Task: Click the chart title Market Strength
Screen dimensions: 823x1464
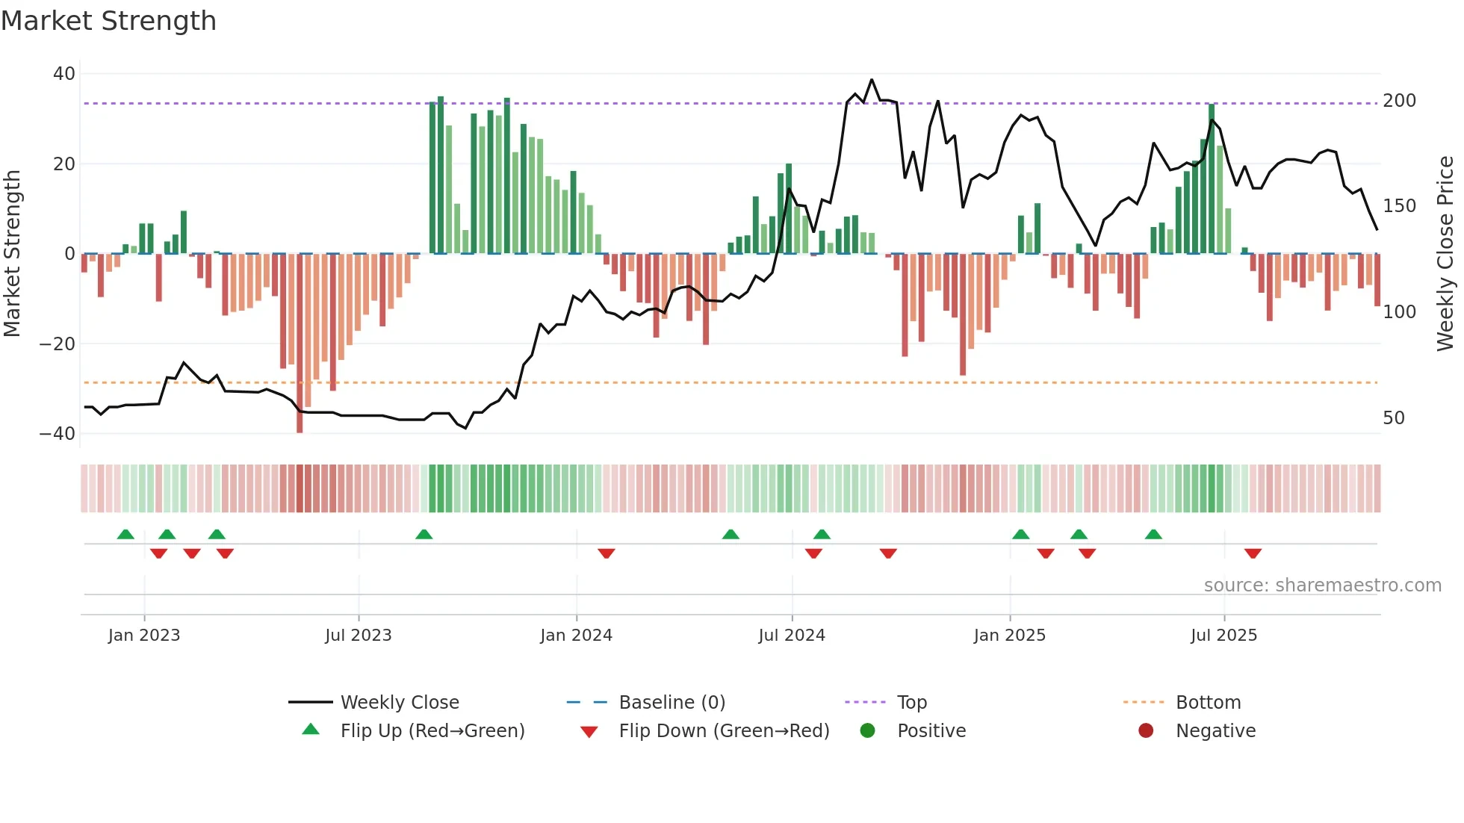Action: pos(108,21)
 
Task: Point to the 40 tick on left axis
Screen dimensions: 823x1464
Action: pos(64,74)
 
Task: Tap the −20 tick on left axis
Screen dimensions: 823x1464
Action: pos(58,344)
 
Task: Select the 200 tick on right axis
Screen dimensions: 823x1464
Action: pos(1399,101)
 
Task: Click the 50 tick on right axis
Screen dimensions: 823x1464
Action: pos(1393,418)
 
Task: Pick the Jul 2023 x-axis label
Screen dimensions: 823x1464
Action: pos(358,636)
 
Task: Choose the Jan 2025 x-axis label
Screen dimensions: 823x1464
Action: pos(1009,636)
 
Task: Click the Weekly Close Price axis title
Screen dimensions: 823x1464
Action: pos(1445,254)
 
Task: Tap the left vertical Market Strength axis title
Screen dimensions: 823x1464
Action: pos(12,254)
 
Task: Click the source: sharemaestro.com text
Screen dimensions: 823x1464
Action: pos(1322,586)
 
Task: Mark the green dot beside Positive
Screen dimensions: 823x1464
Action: pos(867,730)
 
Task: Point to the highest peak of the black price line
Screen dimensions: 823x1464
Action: pos(871,80)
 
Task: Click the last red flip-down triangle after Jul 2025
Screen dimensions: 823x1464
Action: pos(1253,553)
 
